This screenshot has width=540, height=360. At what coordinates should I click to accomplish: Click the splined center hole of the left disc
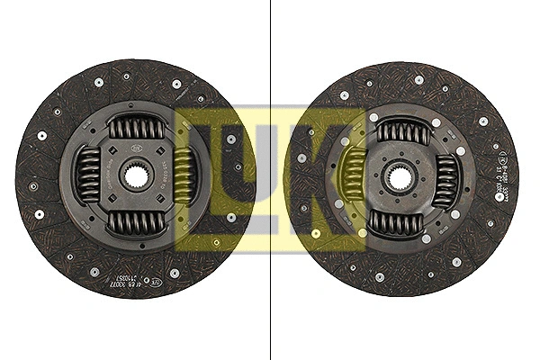(137, 174)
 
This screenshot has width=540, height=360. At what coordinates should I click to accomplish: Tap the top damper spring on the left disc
(137, 129)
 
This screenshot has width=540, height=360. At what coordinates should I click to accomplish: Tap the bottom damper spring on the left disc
(137, 220)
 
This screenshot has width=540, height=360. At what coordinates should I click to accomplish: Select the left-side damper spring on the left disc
(90, 174)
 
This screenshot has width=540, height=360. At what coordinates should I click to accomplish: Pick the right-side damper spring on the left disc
(184, 174)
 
